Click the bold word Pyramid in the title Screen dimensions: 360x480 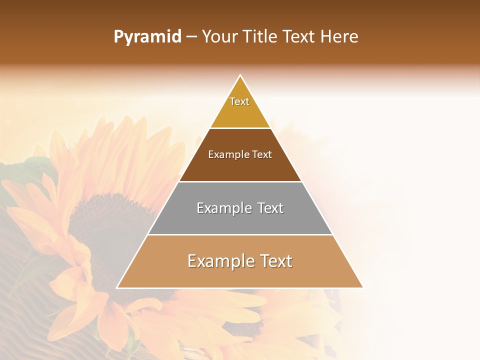click(147, 37)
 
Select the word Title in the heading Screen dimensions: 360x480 click(260, 37)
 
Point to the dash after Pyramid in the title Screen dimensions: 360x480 click(191, 37)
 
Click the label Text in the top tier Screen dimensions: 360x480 click(239, 101)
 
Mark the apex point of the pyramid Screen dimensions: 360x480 click(240, 75)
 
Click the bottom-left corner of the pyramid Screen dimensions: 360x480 click(117, 287)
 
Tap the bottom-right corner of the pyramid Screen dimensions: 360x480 click(362, 287)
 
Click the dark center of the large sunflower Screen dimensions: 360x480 click(100, 225)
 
